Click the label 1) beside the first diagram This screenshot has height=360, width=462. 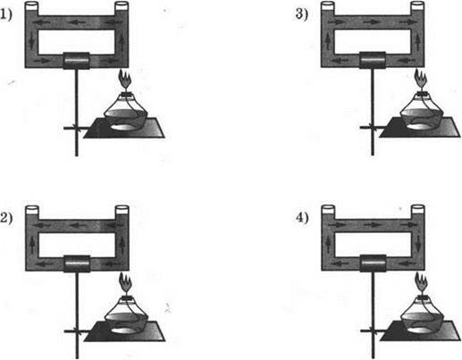[x=6, y=15]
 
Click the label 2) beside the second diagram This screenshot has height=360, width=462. [x=6, y=218]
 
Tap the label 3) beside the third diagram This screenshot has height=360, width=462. [x=302, y=14]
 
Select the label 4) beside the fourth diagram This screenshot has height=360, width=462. [x=302, y=218]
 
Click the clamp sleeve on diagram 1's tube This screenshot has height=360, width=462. [x=76, y=61]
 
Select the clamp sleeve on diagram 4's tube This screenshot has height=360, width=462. [x=373, y=264]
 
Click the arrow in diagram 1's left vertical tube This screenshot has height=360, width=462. [x=32, y=42]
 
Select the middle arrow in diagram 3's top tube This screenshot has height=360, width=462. [x=372, y=21]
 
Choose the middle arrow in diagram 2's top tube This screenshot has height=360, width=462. [x=77, y=225]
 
